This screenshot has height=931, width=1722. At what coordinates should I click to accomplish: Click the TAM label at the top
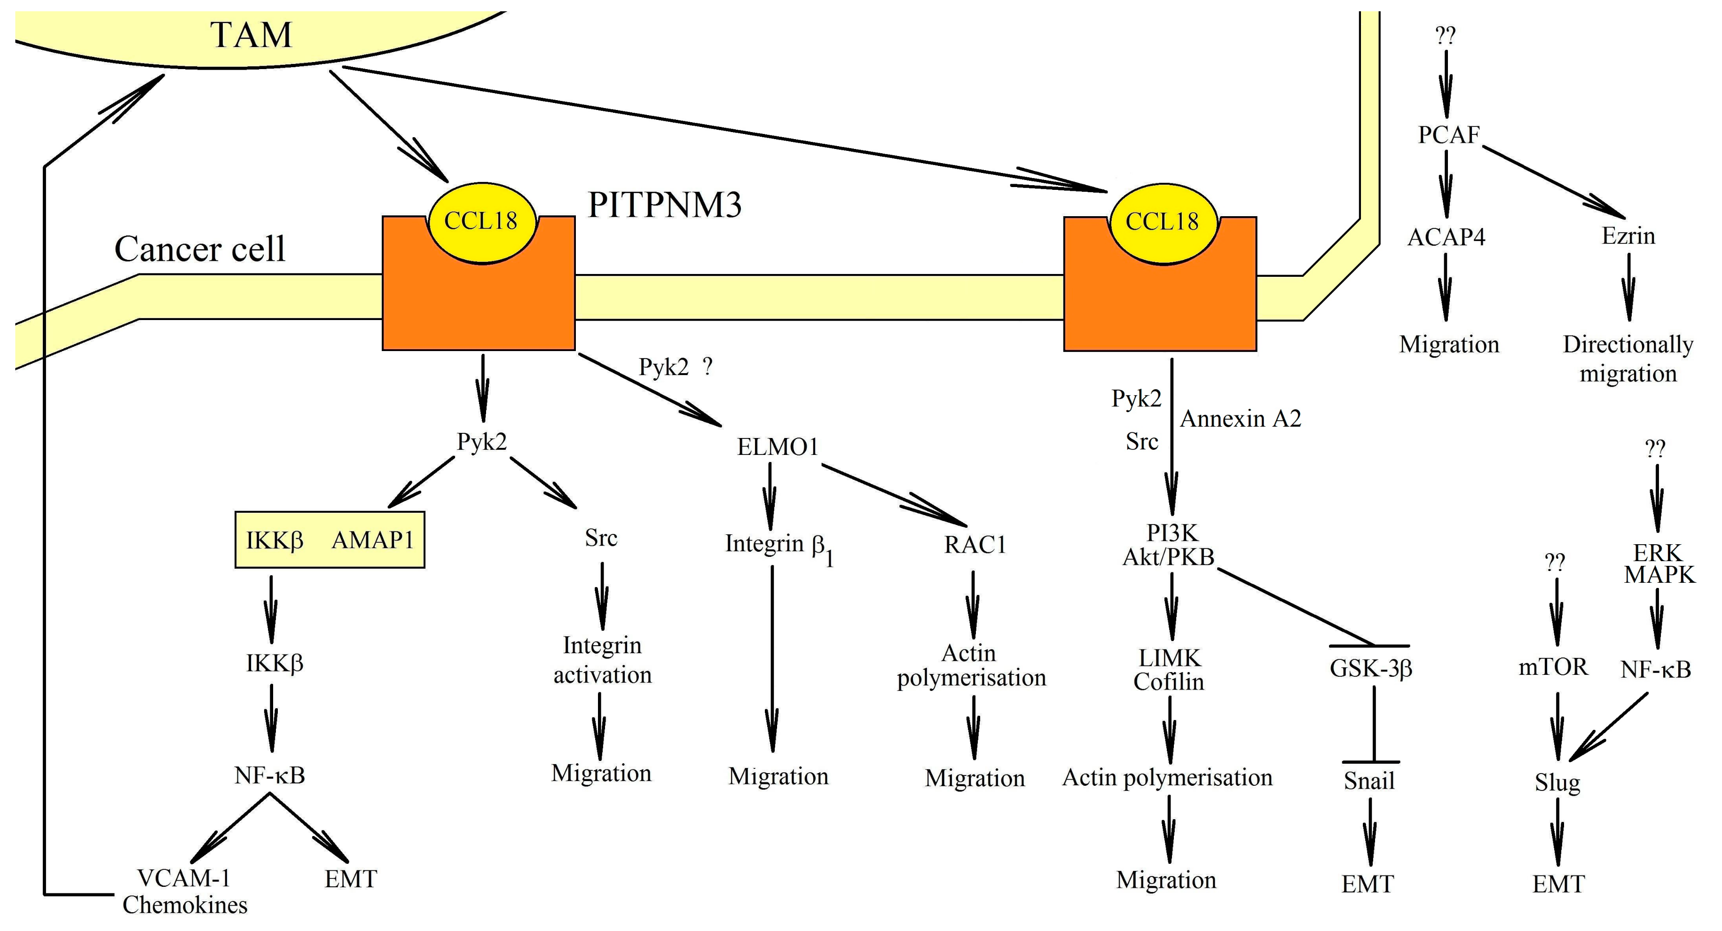tap(252, 35)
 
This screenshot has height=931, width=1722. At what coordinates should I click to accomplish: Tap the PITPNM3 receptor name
tap(664, 204)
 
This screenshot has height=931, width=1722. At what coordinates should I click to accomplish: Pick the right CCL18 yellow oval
tap(1163, 221)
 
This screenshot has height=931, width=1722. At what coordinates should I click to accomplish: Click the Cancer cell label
tap(199, 249)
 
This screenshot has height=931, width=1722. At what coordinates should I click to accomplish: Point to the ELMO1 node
tap(778, 446)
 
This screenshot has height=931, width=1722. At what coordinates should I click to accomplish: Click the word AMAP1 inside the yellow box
tap(373, 540)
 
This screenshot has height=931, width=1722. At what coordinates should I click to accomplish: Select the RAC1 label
tap(975, 545)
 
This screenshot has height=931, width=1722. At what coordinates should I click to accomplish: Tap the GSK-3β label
tap(1370, 668)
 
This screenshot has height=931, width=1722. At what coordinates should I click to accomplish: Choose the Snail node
tap(1369, 781)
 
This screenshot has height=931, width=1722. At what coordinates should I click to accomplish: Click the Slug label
tap(1557, 782)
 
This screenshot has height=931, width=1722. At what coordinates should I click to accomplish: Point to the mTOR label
tap(1553, 666)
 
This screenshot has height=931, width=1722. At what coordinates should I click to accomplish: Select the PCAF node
tap(1448, 135)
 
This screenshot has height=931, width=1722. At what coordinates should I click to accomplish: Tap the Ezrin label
tap(1628, 236)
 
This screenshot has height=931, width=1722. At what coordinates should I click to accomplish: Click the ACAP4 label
tap(1446, 237)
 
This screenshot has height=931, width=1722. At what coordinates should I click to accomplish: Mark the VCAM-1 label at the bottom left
tap(183, 877)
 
